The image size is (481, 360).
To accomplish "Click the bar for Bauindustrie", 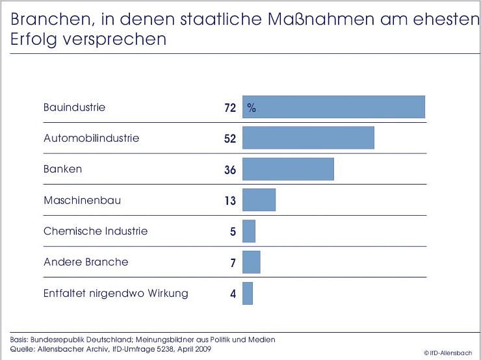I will [333, 107].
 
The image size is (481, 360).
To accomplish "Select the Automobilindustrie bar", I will [308, 138].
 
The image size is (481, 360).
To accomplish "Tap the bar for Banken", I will [288, 169].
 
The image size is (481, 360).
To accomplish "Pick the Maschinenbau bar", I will [259, 200].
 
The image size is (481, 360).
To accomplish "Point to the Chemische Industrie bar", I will [249, 231].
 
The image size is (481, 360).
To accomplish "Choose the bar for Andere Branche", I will [251, 262].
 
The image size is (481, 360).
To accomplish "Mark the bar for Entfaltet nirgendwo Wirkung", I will [248, 293].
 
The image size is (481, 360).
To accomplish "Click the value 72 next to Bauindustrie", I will [229, 108].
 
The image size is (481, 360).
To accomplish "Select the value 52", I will [229, 138].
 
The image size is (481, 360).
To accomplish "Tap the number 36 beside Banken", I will [229, 170].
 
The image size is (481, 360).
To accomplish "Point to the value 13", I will [229, 201].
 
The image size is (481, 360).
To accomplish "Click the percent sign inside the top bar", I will [252, 108].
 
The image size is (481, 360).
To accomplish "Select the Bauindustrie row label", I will [74, 107].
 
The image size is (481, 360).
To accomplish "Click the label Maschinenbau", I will [82, 200].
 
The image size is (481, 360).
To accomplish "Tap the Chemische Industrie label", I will [96, 231].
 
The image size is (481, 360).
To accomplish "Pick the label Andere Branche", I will [86, 262].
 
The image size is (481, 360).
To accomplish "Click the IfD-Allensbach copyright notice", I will [448, 352].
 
